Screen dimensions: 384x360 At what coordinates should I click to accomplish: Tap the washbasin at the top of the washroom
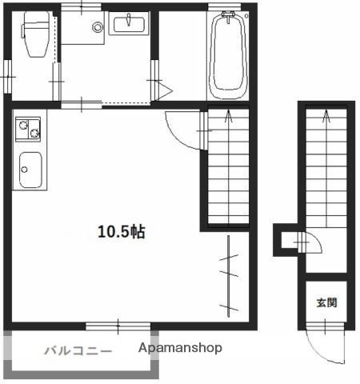click(x=129, y=25)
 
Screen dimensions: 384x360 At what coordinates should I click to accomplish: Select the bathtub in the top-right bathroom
click(x=230, y=56)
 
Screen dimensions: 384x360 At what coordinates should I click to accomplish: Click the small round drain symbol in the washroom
click(x=98, y=26)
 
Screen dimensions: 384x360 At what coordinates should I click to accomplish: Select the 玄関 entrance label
click(x=326, y=302)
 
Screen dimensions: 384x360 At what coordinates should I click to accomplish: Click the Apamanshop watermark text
click(x=180, y=348)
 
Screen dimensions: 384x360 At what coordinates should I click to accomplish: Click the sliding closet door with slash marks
click(x=229, y=272)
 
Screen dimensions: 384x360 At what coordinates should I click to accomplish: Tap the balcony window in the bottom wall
click(x=118, y=326)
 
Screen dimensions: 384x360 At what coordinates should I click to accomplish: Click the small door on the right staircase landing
click(x=308, y=240)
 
